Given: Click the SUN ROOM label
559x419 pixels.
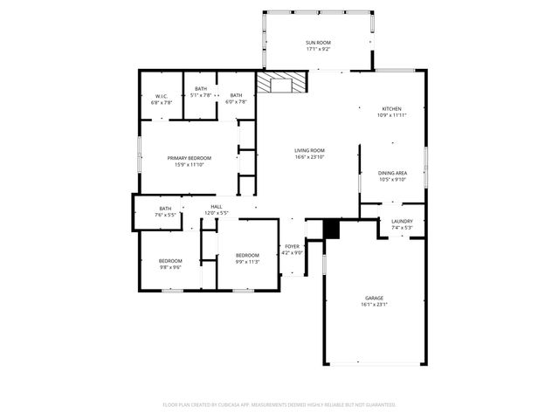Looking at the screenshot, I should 318,43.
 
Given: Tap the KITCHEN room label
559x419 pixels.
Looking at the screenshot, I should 391,109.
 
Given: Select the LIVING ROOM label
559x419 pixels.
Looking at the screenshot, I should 309,150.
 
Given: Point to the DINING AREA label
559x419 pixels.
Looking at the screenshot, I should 392,173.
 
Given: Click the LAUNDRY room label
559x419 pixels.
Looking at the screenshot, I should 402,222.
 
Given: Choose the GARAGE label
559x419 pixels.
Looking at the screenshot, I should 374,299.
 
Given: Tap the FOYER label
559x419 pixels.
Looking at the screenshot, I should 293,247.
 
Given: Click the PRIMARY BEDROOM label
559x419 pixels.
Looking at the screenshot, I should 190,157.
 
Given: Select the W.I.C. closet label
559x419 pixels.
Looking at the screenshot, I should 162,96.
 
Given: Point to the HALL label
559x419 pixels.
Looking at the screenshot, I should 216,207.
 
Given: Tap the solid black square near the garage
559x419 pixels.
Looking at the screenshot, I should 331,229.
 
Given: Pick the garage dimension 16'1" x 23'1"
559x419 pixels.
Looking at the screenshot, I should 374,305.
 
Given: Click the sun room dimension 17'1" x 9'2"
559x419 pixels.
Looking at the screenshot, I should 318,49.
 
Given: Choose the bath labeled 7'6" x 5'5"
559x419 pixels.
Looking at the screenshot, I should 165,210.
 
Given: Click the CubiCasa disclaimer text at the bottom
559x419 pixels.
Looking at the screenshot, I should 279,404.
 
